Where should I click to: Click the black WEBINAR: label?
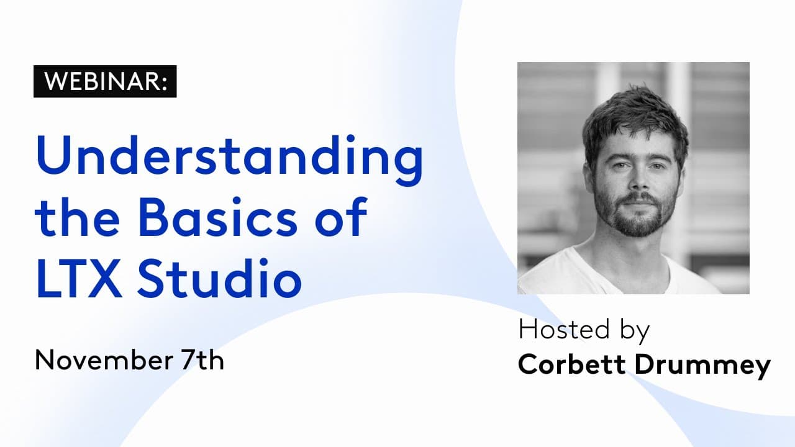(105, 81)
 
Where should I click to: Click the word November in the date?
(94, 360)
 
